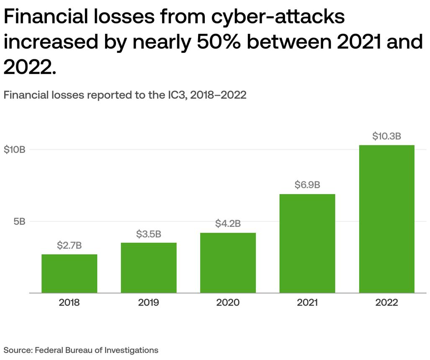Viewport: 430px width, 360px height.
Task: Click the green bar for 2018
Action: coord(70,274)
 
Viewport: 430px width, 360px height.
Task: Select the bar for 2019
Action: coord(149,268)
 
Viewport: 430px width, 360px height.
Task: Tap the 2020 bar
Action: coord(228,263)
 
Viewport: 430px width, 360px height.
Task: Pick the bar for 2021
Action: coord(307,244)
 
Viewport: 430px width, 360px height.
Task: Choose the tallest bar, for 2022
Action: coord(387,219)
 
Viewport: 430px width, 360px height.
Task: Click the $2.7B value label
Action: coord(70,245)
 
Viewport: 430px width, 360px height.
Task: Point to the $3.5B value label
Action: coord(149,234)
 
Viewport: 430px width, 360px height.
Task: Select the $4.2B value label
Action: coord(228,224)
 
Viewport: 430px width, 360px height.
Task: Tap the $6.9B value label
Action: coord(307,185)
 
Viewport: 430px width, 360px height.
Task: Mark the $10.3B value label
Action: coord(387,136)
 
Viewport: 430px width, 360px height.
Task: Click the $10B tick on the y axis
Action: coord(15,150)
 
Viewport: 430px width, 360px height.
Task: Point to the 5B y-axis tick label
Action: coord(20,221)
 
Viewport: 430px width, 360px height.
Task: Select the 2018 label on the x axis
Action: coord(69,302)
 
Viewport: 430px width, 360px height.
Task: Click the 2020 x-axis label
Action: coord(228,302)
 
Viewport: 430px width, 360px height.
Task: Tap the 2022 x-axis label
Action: coord(387,302)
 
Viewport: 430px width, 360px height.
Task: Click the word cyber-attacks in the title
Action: coord(278,16)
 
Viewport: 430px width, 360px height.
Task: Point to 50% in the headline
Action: coord(219,42)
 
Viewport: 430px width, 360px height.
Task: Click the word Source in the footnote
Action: coord(18,350)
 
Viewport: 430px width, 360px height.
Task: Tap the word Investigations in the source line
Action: coord(131,350)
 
